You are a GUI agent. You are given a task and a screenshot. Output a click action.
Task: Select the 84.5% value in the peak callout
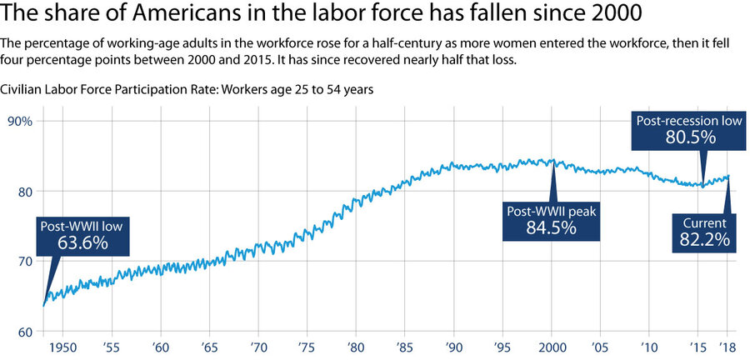click(x=551, y=227)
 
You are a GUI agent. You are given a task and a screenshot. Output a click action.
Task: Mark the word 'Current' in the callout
click(x=704, y=223)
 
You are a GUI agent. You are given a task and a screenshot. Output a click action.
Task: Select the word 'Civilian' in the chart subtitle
click(x=26, y=89)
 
